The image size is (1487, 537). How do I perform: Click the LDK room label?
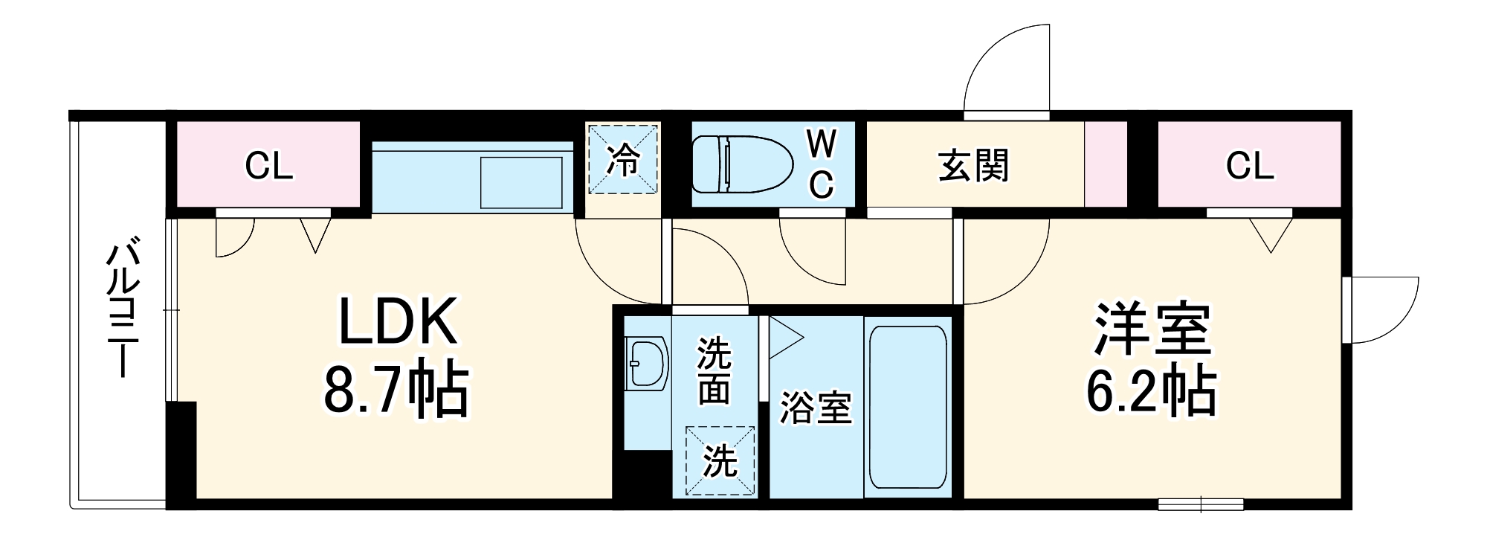(397, 321)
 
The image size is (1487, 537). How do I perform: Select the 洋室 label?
(1152, 329)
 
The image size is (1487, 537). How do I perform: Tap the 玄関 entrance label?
(973, 165)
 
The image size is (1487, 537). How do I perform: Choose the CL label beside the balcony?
(268, 166)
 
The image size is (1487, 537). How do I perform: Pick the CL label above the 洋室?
(1249, 166)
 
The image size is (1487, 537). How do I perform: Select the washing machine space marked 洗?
(720, 460)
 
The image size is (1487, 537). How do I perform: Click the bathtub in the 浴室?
(907, 407)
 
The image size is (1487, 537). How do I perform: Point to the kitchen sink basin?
(521, 182)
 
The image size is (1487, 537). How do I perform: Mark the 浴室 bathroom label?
(815, 408)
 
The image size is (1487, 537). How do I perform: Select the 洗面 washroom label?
(714, 371)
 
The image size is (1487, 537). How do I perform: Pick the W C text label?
(821, 164)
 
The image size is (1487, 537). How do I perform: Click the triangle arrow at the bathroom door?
(784, 338)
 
